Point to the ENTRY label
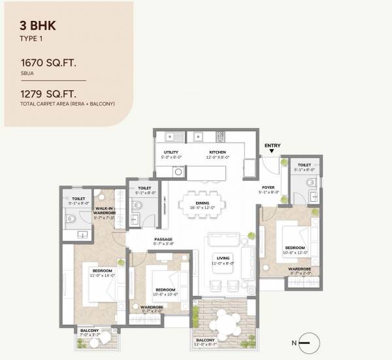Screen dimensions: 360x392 [x=272, y=145]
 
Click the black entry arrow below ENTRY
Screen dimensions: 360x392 [x=272, y=152]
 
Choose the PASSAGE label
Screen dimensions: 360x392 [x=163, y=240]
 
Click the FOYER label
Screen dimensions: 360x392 [x=269, y=188]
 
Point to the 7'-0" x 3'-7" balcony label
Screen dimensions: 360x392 [x=90, y=333]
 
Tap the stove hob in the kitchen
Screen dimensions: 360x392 [x=220, y=137]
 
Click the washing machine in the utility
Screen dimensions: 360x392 [x=177, y=172]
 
